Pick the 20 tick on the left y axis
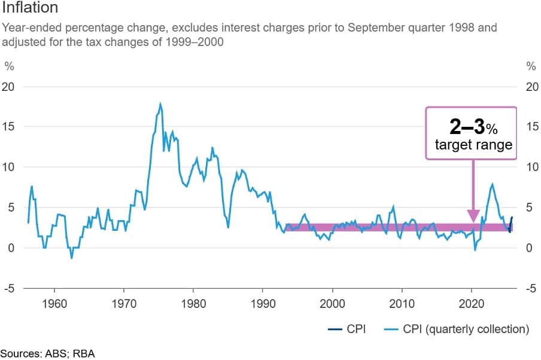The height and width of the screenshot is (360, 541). (10, 87)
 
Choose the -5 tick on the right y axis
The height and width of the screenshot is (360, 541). (530, 288)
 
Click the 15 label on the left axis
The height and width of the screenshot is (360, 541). (10, 127)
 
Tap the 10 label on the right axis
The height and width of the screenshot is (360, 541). (531, 167)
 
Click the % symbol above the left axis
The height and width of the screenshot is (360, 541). (9, 65)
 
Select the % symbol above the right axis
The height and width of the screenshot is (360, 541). (530, 65)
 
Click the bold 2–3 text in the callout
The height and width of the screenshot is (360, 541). (466, 127)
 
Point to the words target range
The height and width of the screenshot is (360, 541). (473, 145)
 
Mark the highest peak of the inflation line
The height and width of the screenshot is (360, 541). (160, 104)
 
